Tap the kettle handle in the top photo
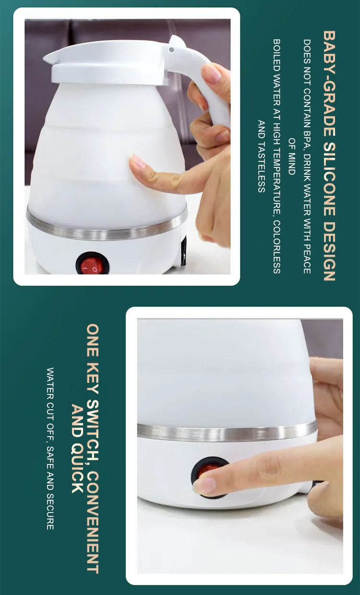(210, 85)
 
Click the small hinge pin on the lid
(171, 50)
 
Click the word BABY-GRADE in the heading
(329, 83)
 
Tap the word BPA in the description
(307, 139)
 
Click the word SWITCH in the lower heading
(93, 430)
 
